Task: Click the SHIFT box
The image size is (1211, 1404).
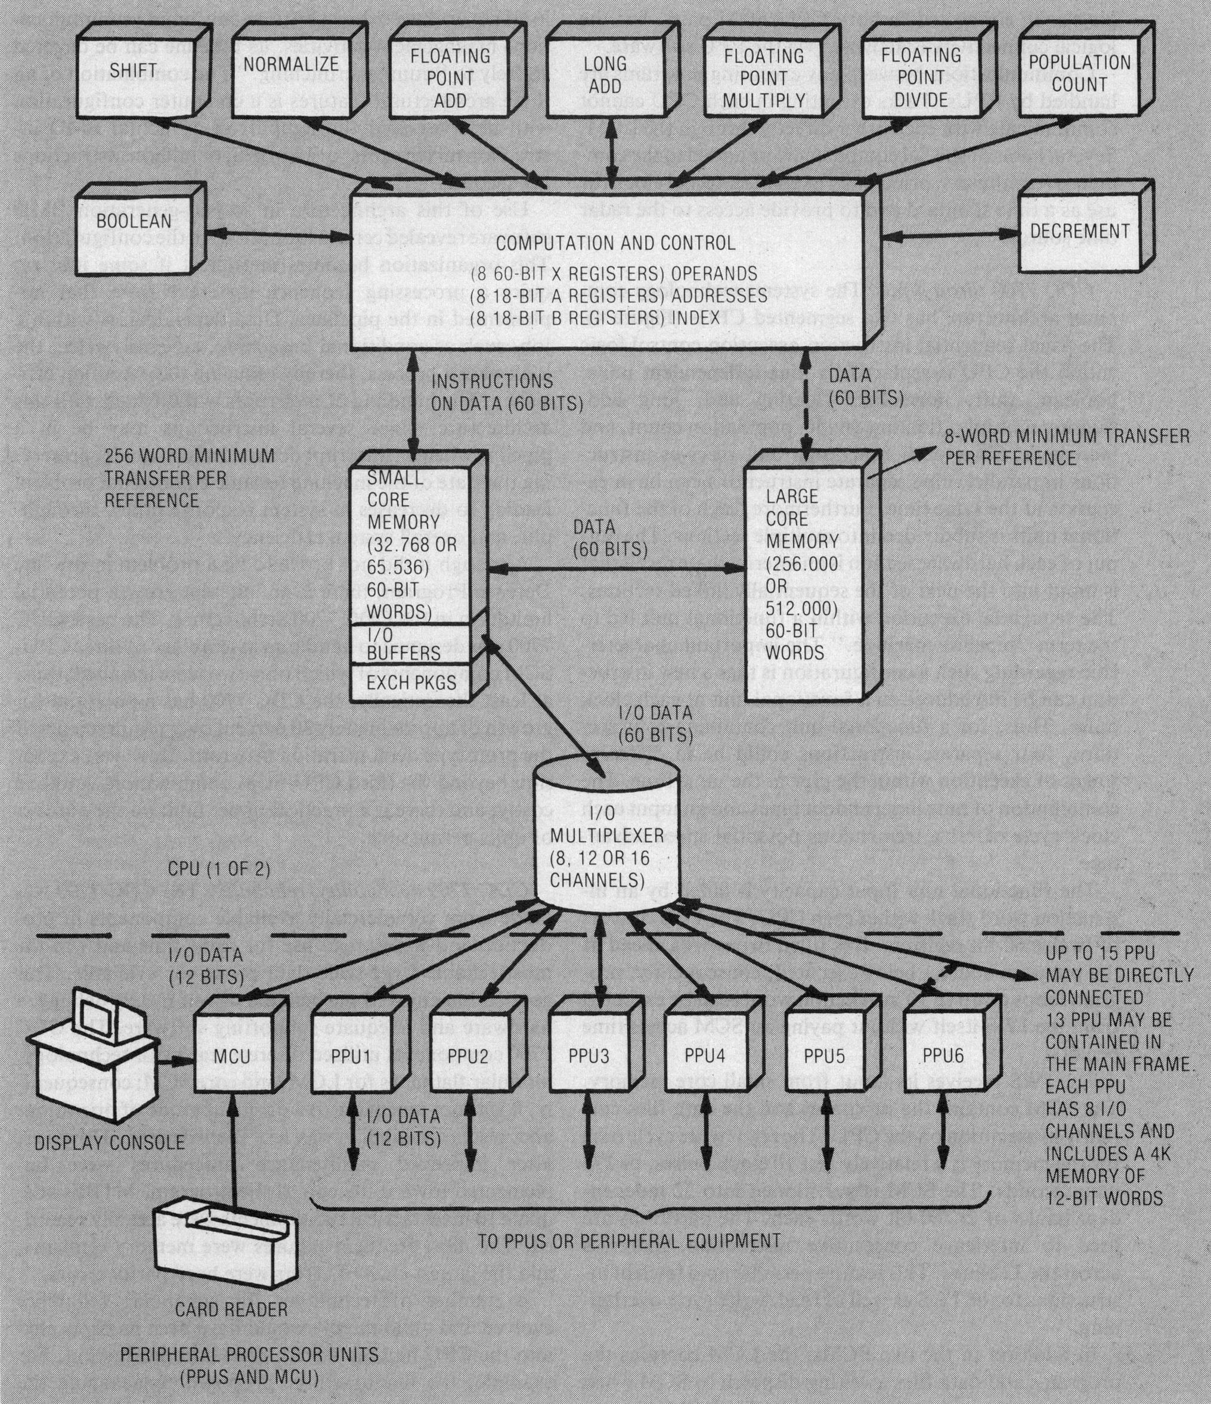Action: [x=134, y=71]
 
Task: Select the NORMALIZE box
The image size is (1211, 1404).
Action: [x=291, y=66]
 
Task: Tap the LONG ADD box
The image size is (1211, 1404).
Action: [x=605, y=74]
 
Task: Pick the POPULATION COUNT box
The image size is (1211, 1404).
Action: [x=1079, y=74]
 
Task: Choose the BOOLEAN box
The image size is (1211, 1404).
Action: [x=134, y=222]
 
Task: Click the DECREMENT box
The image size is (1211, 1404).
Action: [x=1079, y=231]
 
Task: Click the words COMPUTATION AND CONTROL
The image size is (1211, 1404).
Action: [x=615, y=243]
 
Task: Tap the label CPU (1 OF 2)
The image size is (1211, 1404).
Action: [x=219, y=869]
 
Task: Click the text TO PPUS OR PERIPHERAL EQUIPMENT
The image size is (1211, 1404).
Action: [x=628, y=1241]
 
